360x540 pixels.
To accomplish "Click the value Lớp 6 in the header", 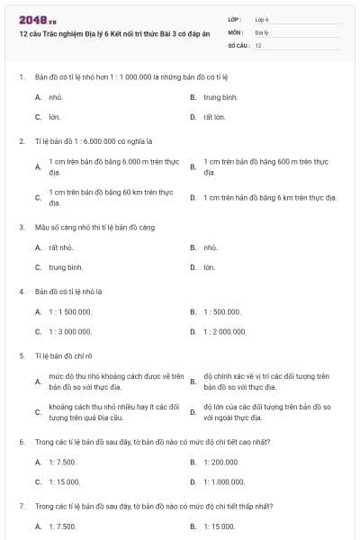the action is [262, 19].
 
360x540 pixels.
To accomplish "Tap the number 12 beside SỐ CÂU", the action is [258, 44].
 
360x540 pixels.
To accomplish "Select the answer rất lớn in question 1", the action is [214, 117].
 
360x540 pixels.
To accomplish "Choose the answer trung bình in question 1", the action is [220, 95].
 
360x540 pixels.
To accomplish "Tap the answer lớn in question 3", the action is [209, 267].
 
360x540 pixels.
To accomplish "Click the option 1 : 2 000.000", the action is [225, 332].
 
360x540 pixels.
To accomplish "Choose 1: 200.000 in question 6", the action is [221, 461].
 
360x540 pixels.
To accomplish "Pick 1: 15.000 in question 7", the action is [219, 526].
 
